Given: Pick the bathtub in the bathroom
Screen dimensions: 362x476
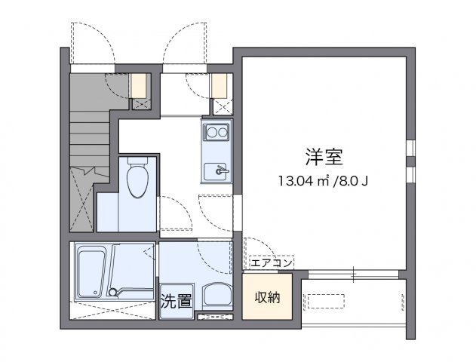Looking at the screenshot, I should point(94,268).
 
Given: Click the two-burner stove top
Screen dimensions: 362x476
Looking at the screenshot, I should point(217,133).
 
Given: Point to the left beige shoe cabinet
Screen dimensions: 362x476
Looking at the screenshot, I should point(140,85).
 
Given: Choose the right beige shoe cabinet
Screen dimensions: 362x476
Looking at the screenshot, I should point(220,85).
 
